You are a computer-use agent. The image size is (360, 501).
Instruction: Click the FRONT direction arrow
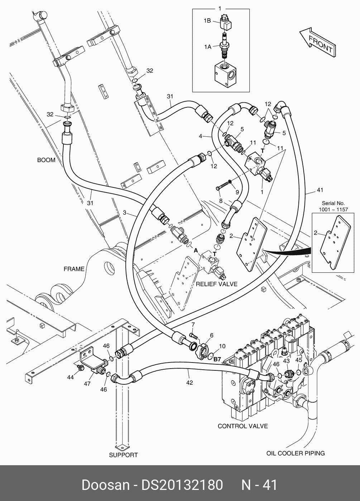tap(317, 42)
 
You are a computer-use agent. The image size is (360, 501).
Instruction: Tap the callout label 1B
tap(207, 21)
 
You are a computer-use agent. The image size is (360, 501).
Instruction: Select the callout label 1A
tap(208, 46)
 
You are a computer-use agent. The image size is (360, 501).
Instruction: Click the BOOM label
tap(46, 160)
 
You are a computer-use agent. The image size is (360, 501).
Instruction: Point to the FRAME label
tap(74, 269)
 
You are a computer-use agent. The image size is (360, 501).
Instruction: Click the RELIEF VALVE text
tap(217, 284)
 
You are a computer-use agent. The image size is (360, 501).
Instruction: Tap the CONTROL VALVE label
tap(243, 426)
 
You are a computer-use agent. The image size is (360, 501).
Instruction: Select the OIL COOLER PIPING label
tap(296, 453)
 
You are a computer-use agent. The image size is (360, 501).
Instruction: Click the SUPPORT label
tap(123, 455)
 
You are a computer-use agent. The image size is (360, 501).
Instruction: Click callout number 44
tap(71, 377)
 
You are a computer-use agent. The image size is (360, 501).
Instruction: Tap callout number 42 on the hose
tap(189, 383)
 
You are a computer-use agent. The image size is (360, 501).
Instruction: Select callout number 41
tap(320, 190)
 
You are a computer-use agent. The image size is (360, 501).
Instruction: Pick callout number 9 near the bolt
tap(237, 192)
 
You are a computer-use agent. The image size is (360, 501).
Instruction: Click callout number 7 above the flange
tap(193, 324)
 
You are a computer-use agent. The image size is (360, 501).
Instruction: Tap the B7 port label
tap(217, 359)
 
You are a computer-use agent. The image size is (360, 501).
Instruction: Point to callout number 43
tap(286, 361)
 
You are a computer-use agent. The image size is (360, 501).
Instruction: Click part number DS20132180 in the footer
tap(182, 485)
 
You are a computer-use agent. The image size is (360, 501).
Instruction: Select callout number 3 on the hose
tap(125, 213)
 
